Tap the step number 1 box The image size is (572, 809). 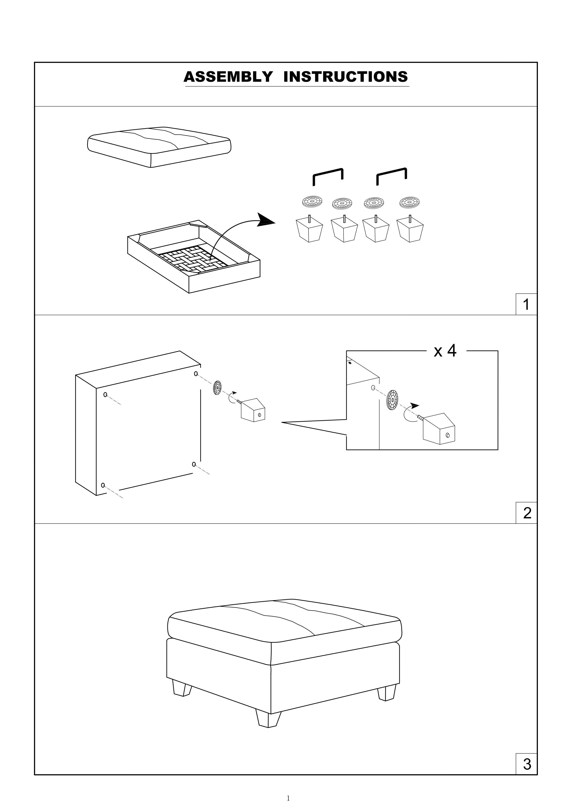(526, 304)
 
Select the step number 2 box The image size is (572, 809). (527, 513)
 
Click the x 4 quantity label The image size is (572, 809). (445, 351)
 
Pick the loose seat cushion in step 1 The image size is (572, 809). (159, 146)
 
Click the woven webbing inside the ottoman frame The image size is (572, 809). (190, 260)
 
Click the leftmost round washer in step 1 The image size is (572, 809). (312, 201)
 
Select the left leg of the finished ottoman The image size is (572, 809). (182, 688)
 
